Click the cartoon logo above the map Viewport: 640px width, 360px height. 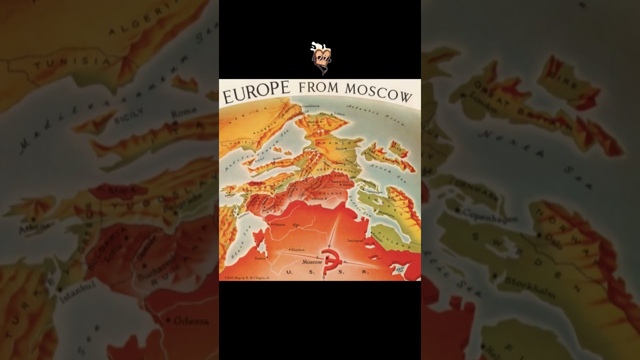pyautogui.click(x=320, y=57)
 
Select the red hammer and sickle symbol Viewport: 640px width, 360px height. pyautogui.click(x=329, y=261)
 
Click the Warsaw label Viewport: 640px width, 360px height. pyautogui.click(x=318, y=198)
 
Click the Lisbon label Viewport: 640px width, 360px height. pyautogui.click(x=340, y=114)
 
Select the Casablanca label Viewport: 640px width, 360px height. pyautogui.click(x=310, y=106)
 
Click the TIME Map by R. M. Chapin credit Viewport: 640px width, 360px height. pyautogui.click(x=247, y=277)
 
